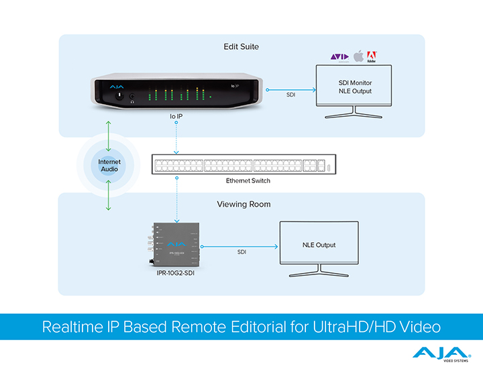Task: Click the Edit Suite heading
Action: (241, 47)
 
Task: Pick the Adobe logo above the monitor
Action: (372, 56)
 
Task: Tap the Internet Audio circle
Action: (108, 165)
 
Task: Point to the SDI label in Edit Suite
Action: (291, 95)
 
